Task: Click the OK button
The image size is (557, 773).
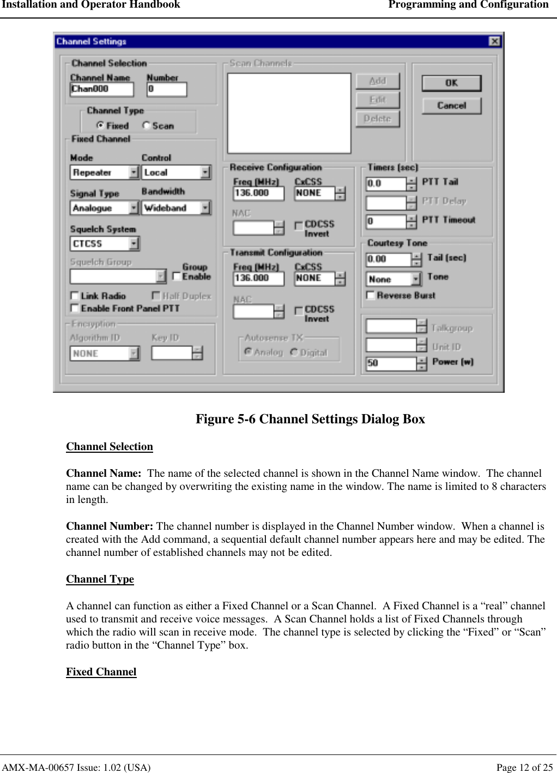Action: (x=451, y=83)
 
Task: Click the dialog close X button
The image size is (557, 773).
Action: (x=494, y=41)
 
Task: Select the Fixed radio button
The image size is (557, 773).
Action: (x=100, y=125)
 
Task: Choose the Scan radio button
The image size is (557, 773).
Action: (x=146, y=125)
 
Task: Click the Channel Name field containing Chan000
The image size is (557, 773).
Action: (x=101, y=89)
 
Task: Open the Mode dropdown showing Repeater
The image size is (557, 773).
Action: (x=134, y=172)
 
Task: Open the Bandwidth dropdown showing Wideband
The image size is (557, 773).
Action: (x=205, y=208)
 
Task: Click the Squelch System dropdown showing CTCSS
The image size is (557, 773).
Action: (x=134, y=243)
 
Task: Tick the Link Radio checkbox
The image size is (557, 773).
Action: (x=75, y=296)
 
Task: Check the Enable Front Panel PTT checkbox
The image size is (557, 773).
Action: (x=75, y=308)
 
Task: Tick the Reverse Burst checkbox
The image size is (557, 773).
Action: (x=371, y=295)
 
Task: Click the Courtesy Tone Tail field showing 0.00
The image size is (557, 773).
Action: (x=388, y=259)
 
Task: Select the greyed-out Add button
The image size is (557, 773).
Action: (x=377, y=81)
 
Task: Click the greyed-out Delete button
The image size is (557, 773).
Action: (x=377, y=118)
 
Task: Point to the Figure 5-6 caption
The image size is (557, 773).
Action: (x=310, y=419)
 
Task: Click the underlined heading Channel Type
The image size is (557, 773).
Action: (x=100, y=579)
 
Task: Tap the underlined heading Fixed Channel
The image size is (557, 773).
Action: (x=101, y=672)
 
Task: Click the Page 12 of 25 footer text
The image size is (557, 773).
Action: (x=524, y=767)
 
